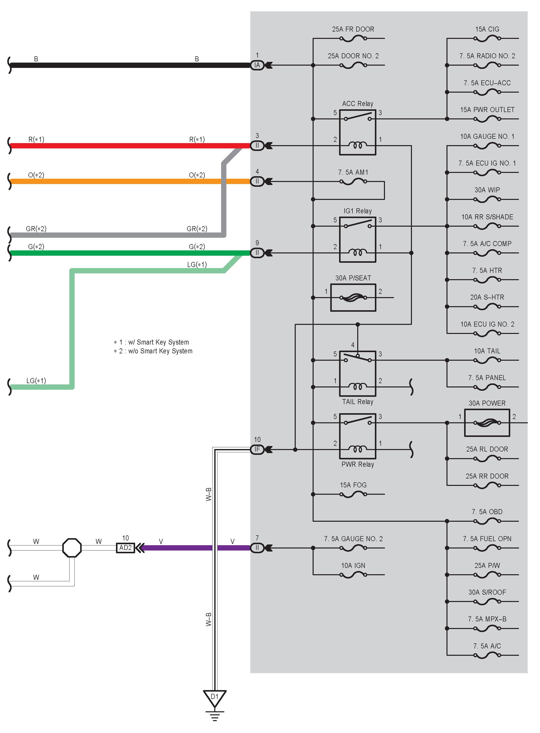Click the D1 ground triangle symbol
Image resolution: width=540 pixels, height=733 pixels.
[215, 698]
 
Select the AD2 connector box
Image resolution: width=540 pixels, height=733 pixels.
[126, 548]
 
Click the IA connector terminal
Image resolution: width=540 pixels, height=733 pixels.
[257, 65]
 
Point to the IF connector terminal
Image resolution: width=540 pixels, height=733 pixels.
[257, 450]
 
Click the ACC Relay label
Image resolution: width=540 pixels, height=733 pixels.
[357, 104]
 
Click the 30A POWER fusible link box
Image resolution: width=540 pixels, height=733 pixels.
[487, 423]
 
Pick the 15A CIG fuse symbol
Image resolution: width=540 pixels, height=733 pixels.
[487, 39]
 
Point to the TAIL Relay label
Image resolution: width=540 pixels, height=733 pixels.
[357, 402]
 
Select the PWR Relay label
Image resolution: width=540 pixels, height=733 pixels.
[357, 464]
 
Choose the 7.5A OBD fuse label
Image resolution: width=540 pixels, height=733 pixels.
[487, 512]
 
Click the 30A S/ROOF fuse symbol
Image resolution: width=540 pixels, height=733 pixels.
[487, 601]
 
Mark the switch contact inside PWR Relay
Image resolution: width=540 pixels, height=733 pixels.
[357, 420]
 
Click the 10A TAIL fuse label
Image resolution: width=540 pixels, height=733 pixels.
[487, 351]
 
